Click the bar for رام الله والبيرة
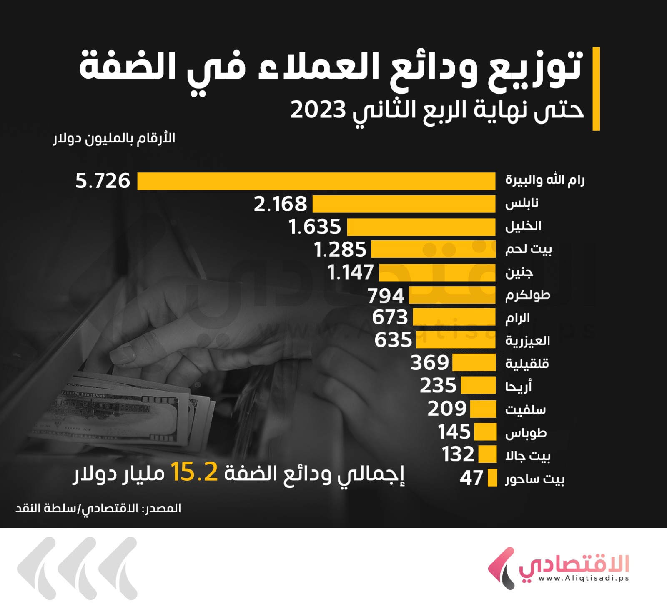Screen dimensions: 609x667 coord(316,181)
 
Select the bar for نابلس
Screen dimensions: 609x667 coord(404,204)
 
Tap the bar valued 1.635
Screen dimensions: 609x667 coord(421,227)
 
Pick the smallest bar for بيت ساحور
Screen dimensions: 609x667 coord(492,478)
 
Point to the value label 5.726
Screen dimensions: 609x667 coord(103,181)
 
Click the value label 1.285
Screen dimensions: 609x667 coord(340,250)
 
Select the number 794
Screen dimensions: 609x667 coord(386,296)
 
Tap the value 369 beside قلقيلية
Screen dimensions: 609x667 coord(429,363)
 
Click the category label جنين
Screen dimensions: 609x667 coord(519,273)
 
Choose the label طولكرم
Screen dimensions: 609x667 coord(528,295)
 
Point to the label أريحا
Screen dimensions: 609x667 coord(518,387)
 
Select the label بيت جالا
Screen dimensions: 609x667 coord(528,456)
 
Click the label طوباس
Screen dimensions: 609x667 coord(526,433)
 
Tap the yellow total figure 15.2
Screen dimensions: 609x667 coord(194,472)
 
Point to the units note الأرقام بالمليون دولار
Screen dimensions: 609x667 coord(114,139)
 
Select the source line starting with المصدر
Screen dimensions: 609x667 coord(98,509)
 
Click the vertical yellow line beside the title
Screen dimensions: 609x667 coord(596,89)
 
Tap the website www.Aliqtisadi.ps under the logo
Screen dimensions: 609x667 coord(583,578)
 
